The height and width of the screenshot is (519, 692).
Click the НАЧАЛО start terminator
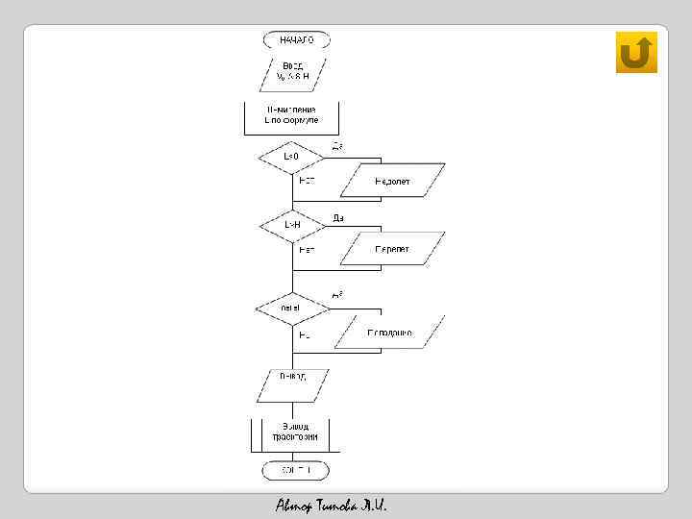point(296,40)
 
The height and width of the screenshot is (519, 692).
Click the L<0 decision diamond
point(292,156)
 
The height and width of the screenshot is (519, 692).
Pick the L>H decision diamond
point(292,225)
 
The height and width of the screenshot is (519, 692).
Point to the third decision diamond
point(290,308)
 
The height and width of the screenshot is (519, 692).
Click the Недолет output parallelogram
point(394,180)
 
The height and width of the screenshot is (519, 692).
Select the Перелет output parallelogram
point(394,249)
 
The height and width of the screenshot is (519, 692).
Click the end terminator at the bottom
point(296,470)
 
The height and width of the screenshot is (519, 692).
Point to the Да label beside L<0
point(338,146)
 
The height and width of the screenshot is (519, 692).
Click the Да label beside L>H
point(338,218)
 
